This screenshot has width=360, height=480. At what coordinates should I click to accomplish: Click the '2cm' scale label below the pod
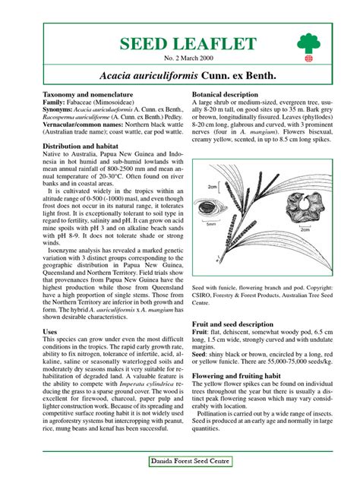click(x=305, y=229)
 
